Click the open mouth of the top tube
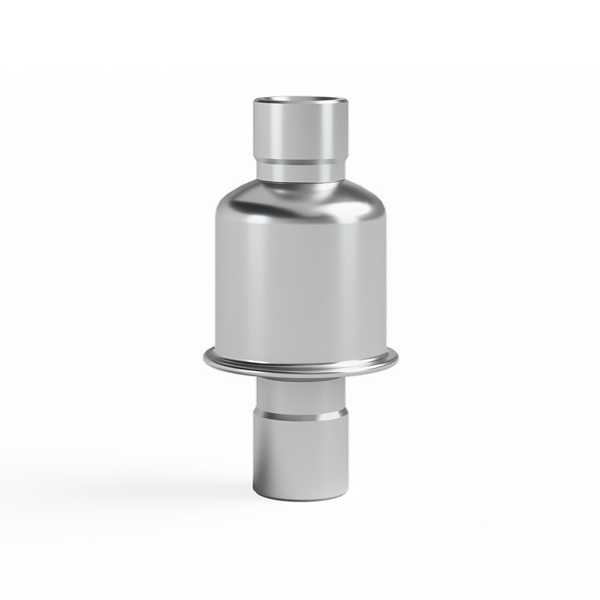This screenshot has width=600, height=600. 301,102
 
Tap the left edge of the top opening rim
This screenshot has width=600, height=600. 256,104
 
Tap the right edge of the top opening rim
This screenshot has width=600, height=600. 347,104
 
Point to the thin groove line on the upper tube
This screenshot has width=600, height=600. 301,161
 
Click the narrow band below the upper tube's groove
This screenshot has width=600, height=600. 301,171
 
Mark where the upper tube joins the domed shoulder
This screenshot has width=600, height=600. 301,183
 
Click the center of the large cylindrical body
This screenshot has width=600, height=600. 300,278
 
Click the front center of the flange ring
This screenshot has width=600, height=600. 300,371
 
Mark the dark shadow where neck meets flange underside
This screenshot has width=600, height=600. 301,379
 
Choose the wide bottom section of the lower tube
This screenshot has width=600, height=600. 301,456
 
